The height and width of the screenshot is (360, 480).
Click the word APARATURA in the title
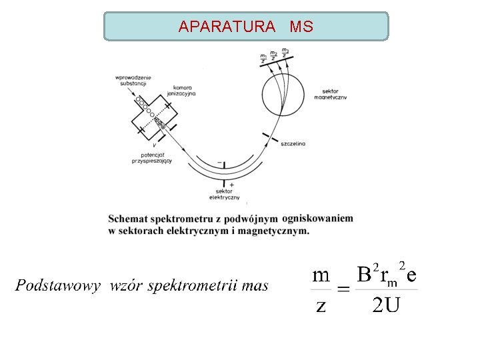point(227,27)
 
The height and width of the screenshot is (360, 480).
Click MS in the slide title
point(301,27)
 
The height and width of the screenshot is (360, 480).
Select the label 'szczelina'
point(293,143)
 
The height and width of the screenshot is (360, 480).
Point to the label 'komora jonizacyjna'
point(183,91)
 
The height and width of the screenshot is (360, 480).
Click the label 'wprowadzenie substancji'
point(133,81)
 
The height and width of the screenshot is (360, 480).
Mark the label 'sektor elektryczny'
point(224,194)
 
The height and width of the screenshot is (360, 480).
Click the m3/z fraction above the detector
point(285,52)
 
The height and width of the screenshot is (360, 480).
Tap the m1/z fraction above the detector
point(264,57)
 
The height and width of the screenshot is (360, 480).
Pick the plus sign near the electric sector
point(231,185)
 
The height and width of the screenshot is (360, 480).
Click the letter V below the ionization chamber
point(155,145)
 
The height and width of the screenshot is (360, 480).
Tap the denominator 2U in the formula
point(386,305)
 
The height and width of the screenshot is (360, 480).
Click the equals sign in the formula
point(343,289)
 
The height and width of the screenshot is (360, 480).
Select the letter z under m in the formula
point(321,305)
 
